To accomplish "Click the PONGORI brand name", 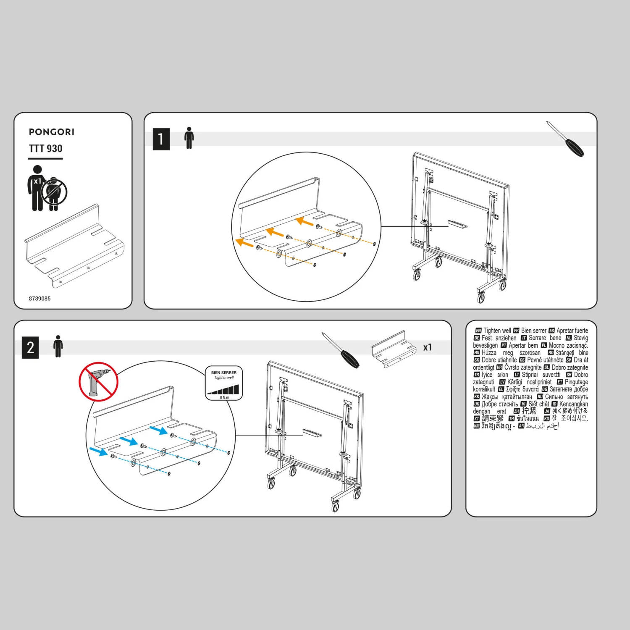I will click(51, 132).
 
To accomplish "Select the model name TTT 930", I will click(45, 149).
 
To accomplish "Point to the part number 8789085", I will click(39, 299).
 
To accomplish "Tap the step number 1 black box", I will click(161, 139).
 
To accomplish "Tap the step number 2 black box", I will click(30, 348).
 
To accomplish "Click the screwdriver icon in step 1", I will click(565, 139).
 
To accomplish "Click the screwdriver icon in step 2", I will click(341, 350).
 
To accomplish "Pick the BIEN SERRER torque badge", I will click(224, 383).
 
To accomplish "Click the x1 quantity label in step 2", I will click(427, 347).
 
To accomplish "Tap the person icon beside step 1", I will click(189, 138).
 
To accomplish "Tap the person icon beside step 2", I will click(58, 346).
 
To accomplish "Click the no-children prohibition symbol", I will click(54, 192).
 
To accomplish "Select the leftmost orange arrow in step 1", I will click(244, 242).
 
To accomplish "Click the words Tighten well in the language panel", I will click(497, 331).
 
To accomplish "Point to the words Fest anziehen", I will click(499, 338).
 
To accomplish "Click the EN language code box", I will click(478, 331).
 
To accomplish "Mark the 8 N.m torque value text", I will click(224, 397).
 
